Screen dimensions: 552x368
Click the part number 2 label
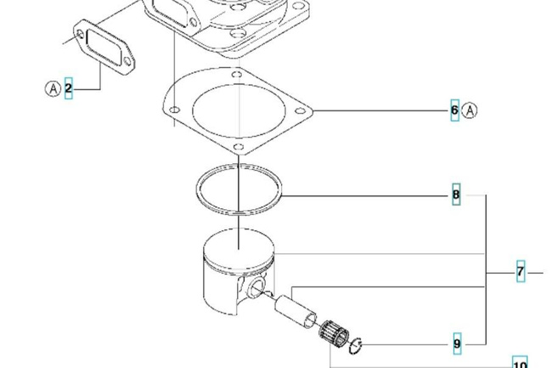[68, 88]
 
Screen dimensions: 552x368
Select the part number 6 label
[455, 110]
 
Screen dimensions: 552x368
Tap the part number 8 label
[456, 195]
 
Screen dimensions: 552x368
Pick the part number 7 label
[521, 271]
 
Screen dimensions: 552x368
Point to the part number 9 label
[457, 343]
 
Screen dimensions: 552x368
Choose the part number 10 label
[520, 363]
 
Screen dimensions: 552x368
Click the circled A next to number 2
[54, 88]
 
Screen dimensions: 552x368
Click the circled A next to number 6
[470, 110]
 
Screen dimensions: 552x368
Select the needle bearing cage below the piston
[334, 333]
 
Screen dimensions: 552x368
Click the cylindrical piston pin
[296, 312]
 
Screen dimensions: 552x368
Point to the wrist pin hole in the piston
[256, 286]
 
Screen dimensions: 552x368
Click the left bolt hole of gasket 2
[81, 35]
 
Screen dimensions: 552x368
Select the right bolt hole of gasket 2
[127, 62]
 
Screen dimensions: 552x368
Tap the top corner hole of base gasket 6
[237, 74]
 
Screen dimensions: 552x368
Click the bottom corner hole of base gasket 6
[239, 146]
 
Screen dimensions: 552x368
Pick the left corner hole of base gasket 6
[175, 110]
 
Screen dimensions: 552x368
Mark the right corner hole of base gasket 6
[300, 111]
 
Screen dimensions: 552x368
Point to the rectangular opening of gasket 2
[104, 48]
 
